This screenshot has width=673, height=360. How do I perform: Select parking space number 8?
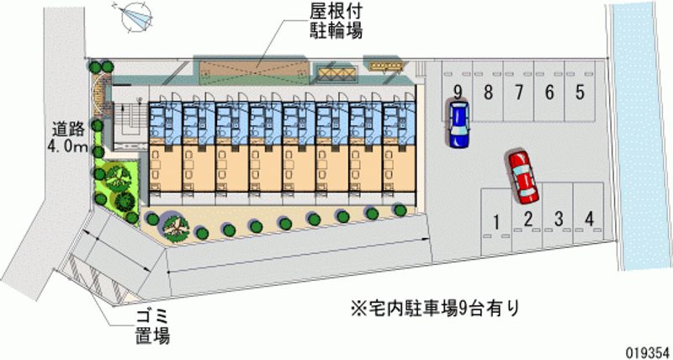pyautogui.click(x=488, y=93)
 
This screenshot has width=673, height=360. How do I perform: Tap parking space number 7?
pyautogui.click(x=519, y=93)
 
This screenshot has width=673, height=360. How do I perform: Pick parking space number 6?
pyautogui.click(x=549, y=93)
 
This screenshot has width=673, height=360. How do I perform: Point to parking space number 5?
pyautogui.click(x=580, y=93)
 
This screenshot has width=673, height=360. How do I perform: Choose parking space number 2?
pyautogui.click(x=527, y=220)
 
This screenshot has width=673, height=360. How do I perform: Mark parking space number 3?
pyautogui.click(x=559, y=220)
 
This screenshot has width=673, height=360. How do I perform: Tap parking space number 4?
pyautogui.click(x=590, y=220)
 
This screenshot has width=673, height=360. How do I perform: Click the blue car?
pyautogui.click(x=458, y=124)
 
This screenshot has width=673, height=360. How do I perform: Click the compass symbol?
pyautogui.click(x=138, y=16)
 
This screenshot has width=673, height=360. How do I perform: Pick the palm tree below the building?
pyautogui.click(x=174, y=225)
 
